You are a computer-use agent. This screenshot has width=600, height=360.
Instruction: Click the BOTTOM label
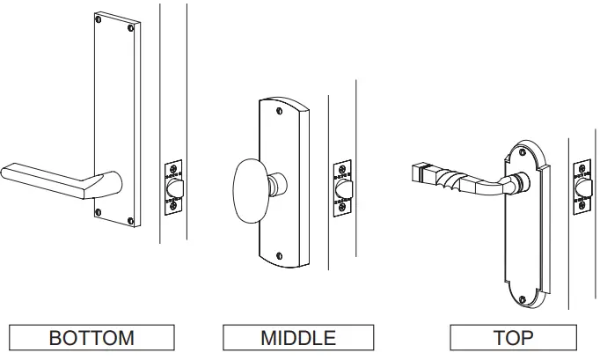[91, 338]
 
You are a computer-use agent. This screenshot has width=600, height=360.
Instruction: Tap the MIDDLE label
[297, 338]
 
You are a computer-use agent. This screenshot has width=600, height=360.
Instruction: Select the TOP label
[513, 338]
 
